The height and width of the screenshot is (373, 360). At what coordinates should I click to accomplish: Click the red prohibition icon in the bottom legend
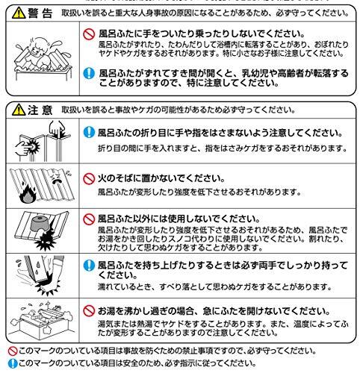6,351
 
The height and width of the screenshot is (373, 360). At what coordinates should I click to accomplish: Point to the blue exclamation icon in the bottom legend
6,365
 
